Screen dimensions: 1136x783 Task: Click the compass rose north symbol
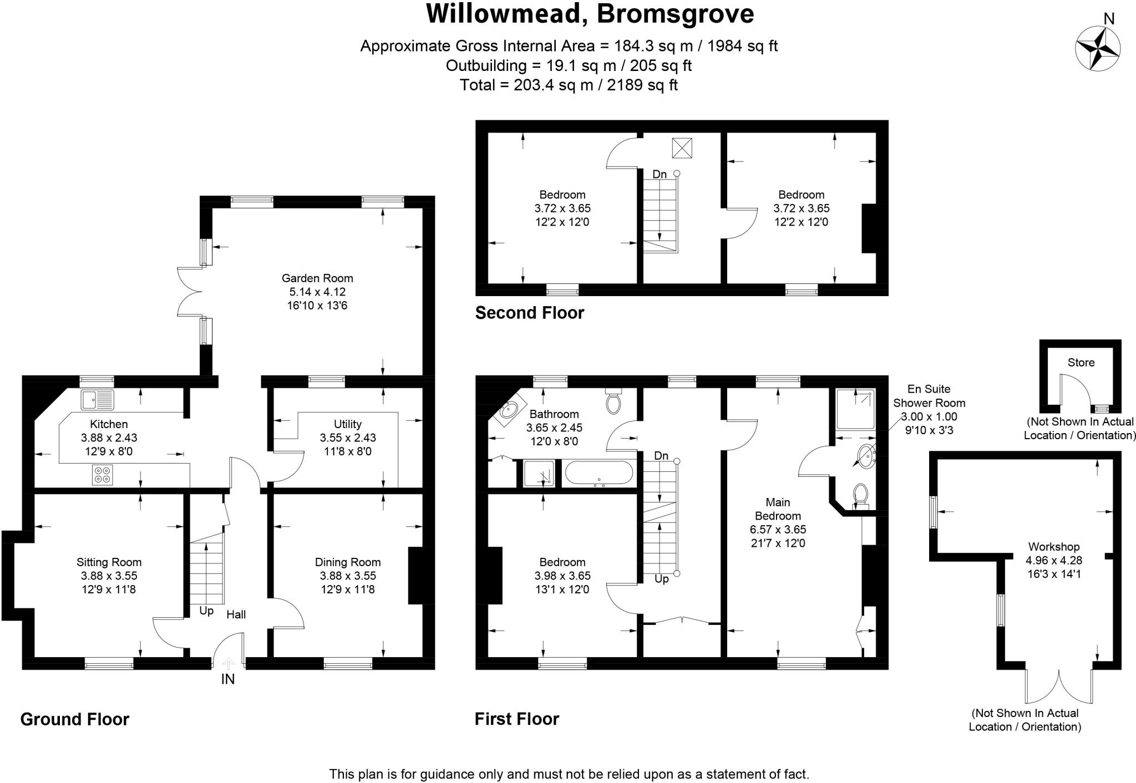tap(1097, 48)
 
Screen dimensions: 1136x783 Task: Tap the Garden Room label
tap(317, 278)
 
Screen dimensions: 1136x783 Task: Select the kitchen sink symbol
tap(97, 399)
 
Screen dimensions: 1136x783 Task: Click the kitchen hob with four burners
tap(102, 475)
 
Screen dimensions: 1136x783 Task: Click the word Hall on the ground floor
tap(236, 614)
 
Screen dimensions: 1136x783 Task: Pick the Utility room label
tap(348, 424)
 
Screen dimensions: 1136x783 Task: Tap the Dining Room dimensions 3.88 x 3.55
tap(348, 576)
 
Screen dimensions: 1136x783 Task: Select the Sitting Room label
tap(109, 562)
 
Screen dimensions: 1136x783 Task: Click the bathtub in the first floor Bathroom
tap(599, 474)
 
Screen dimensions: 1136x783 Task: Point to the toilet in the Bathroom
tap(613, 401)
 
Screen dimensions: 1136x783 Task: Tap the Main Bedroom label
tap(778, 509)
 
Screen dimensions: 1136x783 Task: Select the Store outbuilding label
tap(1081, 363)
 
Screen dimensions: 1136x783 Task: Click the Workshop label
tap(1053, 547)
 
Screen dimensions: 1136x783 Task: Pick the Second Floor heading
tap(530, 313)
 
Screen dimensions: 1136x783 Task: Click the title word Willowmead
tap(503, 14)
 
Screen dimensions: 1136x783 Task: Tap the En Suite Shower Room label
tap(929, 396)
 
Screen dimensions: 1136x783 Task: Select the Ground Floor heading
tap(75, 719)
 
